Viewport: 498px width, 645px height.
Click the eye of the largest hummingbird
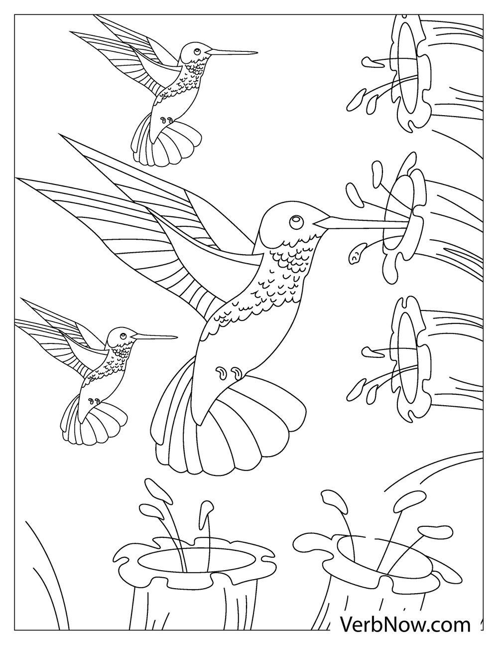(x=295, y=220)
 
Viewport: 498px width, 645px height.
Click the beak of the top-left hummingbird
(x=232, y=52)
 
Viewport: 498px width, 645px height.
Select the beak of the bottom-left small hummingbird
(x=154, y=337)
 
